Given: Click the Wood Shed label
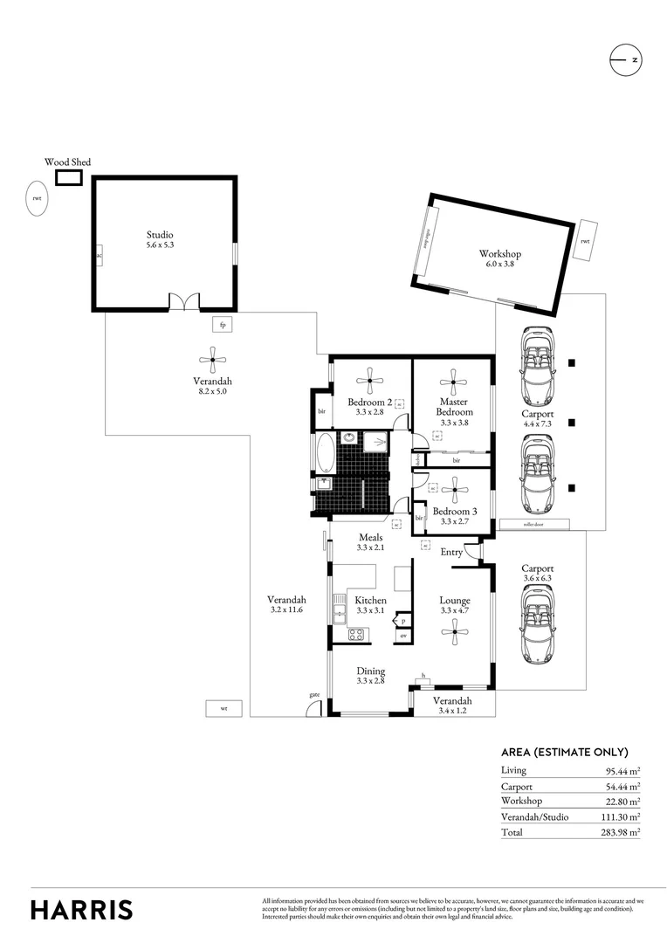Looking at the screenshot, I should pyautogui.click(x=67, y=162).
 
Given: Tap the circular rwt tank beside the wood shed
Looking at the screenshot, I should pyautogui.click(x=37, y=198).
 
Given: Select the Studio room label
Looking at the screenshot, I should pyautogui.click(x=160, y=240).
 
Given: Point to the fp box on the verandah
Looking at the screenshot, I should pyautogui.click(x=223, y=325).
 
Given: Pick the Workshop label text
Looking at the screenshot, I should pyautogui.click(x=500, y=258).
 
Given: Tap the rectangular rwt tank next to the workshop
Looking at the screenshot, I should pyautogui.click(x=585, y=241).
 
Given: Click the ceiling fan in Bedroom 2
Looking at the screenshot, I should pyautogui.click(x=370, y=378).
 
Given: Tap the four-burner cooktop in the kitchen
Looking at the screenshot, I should pyautogui.click(x=356, y=635).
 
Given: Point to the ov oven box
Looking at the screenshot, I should pyautogui.click(x=403, y=637).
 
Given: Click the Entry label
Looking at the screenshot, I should pyautogui.click(x=451, y=552).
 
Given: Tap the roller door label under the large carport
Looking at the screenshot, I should pyautogui.click(x=534, y=525).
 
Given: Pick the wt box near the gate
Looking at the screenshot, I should pyautogui.click(x=223, y=709).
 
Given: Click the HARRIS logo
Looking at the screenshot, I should pyautogui.click(x=82, y=909).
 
